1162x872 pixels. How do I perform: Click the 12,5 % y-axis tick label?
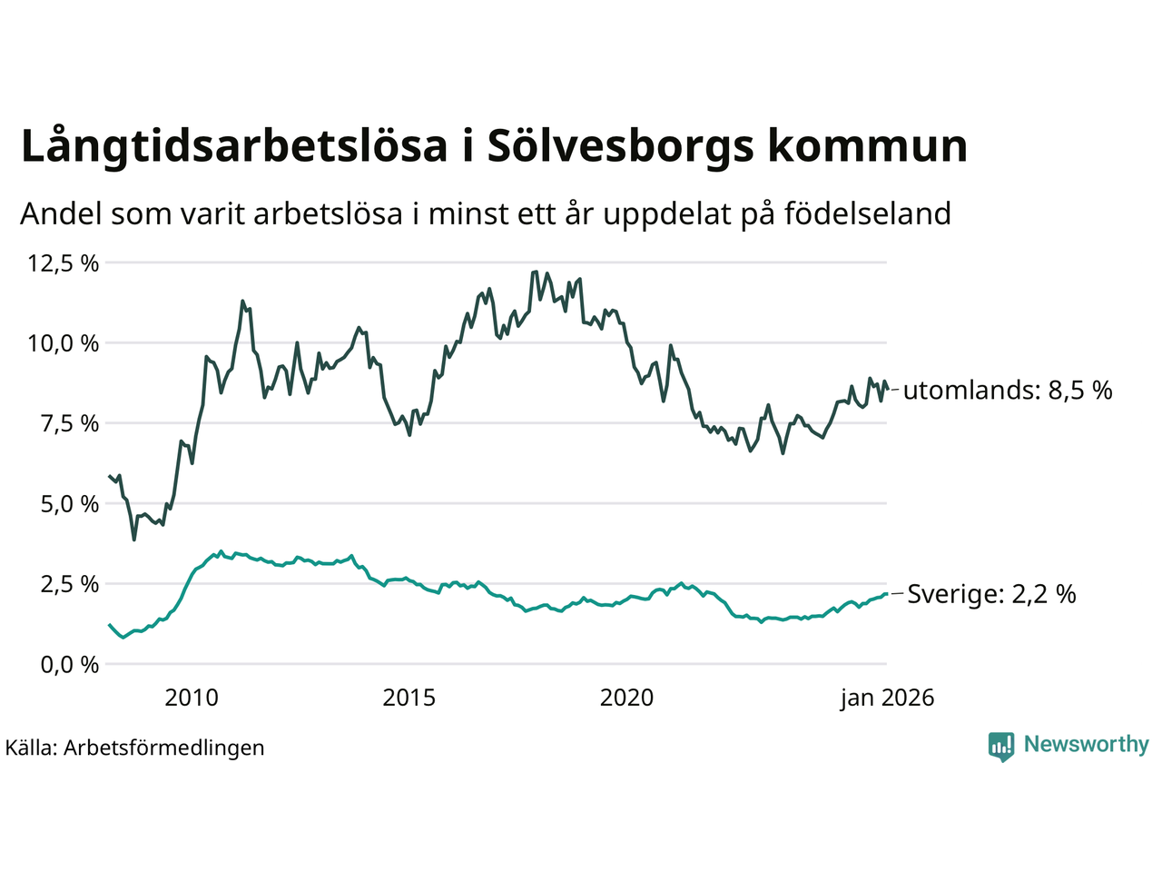click(63, 263)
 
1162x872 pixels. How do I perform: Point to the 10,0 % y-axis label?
click(63, 343)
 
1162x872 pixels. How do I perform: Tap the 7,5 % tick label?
click(68, 423)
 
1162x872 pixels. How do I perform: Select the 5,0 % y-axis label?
click(68, 503)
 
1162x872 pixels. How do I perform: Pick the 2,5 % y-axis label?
click(68, 583)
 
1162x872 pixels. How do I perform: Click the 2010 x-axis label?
click(192, 698)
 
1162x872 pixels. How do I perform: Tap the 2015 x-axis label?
click(409, 698)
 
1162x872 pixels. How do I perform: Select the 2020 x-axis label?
click(627, 698)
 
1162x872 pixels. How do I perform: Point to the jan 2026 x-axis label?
click(887, 698)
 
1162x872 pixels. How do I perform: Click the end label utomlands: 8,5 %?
click(1008, 391)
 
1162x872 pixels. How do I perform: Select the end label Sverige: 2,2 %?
click(991, 594)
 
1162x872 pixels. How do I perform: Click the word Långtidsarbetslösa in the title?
click(234, 147)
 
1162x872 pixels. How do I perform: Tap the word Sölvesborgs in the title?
click(620, 147)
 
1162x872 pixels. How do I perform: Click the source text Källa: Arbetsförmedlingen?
click(134, 748)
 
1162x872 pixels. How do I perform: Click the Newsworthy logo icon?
click(1001, 746)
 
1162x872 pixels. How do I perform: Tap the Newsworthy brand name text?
click(1086, 745)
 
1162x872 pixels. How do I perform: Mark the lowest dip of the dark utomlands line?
click(134, 540)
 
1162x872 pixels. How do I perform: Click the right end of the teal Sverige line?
click(886, 594)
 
